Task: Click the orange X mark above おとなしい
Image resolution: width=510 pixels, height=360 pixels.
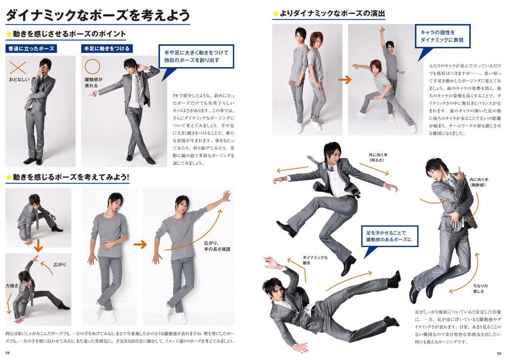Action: tap(18, 68)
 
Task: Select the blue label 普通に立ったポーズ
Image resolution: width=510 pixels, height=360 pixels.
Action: tap(31, 48)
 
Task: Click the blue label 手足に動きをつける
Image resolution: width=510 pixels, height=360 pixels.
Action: tap(107, 48)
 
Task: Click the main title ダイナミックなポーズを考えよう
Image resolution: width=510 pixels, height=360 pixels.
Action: tap(97, 15)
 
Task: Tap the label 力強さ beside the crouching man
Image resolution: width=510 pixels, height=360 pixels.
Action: tap(11, 285)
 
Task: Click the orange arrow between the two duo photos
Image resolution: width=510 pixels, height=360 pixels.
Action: tap(344, 80)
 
